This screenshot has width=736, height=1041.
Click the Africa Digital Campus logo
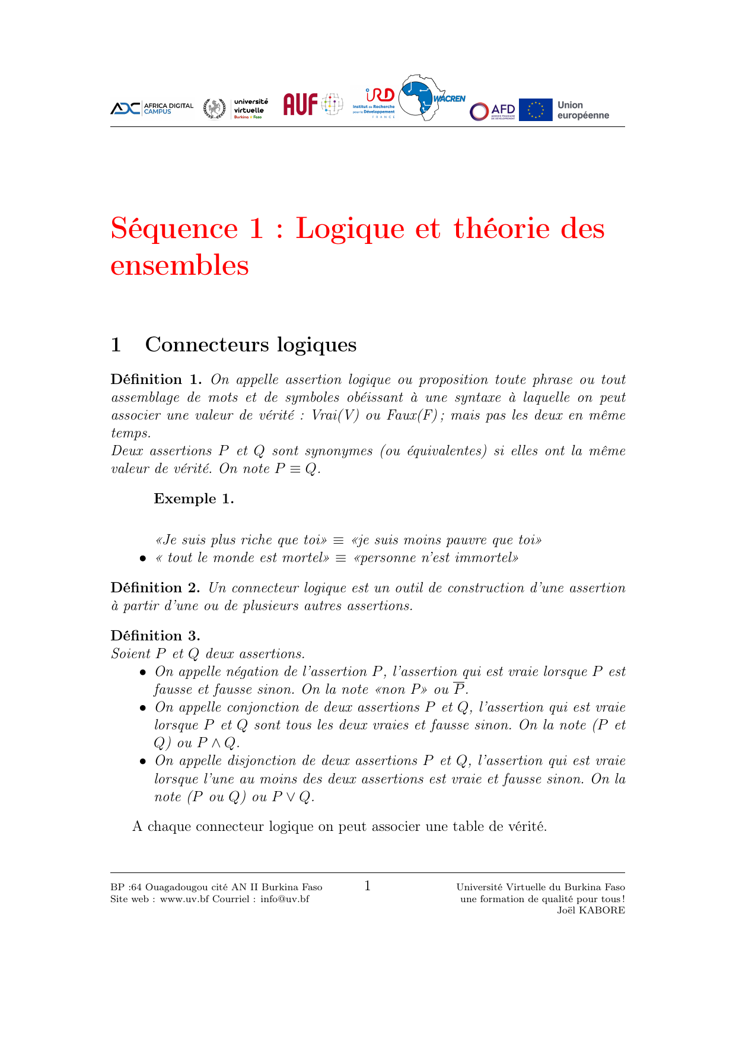(x=152, y=108)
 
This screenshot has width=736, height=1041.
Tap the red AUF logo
(x=301, y=104)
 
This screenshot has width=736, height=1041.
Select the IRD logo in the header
(x=374, y=103)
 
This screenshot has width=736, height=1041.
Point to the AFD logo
(x=493, y=110)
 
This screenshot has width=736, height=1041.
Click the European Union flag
(x=536, y=110)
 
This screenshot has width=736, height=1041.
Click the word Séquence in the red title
(x=174, y=228)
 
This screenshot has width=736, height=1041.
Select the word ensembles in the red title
(x=180, y=265)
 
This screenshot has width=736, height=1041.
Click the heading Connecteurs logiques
(x=250, y=344)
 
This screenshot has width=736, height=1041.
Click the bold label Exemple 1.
(x=194, y=499)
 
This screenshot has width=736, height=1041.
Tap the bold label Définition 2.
(x=155, y=588)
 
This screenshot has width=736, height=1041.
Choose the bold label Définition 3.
(x=155, y=636)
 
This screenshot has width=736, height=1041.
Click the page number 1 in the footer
(x=368, y=886)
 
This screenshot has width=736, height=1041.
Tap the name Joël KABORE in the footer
(x=591, y=910)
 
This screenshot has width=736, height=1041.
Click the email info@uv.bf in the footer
(x=285, y=899)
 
